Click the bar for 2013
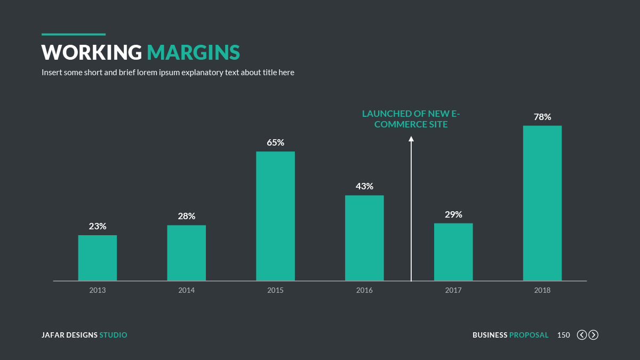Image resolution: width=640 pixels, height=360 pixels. [x=98, y=258]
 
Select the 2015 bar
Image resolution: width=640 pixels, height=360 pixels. [x=275, y=216]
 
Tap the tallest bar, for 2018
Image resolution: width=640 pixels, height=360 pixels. [x=542, y=203]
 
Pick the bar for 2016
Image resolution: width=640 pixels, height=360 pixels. [x=364, y=238]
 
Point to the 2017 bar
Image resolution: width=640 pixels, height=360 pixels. [x=453, y=252]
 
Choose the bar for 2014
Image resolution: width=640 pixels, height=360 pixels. [x=186, y=253]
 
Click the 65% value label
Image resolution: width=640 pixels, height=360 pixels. [x=275, y=143]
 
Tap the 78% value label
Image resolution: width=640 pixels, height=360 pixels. [x=542, y=117]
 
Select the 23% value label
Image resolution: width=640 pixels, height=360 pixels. [x=98, y=226]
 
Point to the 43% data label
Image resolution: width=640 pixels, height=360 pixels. [x=364, y=187]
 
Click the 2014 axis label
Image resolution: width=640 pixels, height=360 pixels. [x=186, y=291]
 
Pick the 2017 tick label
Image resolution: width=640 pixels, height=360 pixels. [x=453, y=291]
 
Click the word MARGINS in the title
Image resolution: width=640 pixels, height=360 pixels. [x=193, y=52]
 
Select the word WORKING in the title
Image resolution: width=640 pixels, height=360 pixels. [x=92, y=52]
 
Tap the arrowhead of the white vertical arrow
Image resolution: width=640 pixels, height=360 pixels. [x=411, y=139]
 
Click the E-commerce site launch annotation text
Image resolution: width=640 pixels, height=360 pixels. [x=411, y=119]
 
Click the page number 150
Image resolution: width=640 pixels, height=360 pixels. [x=563, y=335]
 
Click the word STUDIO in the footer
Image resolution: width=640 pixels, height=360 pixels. [x=113, y=335]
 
